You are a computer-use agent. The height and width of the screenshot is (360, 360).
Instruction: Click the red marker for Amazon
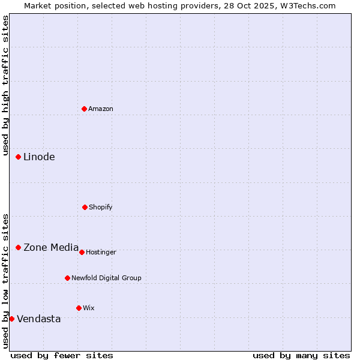click(85, 109)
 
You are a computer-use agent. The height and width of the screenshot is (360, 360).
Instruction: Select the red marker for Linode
click(19, 157)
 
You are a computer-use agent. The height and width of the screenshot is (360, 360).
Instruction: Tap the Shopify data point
click(85, 207)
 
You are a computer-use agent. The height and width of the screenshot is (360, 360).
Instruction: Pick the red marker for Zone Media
click(19, 247)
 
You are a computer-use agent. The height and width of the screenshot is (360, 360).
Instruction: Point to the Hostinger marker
click(82, 252)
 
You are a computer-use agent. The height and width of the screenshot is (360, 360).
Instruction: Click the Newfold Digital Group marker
click(67, 278)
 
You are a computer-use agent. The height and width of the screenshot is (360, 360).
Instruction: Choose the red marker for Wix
click(79, 308)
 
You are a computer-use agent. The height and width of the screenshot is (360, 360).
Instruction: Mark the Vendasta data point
click(12, 319)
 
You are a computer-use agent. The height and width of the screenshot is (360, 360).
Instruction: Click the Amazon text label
click(101, 109)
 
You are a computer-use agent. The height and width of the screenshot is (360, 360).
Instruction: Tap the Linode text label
click(39, 157)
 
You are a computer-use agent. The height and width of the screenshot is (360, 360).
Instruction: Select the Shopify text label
click(100, 207)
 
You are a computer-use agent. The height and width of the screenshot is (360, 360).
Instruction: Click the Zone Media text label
click(51, 247)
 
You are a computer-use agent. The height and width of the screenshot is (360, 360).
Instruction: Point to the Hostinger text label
click(101, 252)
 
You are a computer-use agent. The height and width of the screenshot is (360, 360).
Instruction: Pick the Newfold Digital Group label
click(106, 278)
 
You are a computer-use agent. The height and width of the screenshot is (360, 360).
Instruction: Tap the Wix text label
click(89, 308)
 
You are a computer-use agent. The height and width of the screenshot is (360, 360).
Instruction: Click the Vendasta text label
click(39, 319)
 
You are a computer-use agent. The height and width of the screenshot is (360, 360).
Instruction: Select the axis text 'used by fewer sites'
click(62, 355)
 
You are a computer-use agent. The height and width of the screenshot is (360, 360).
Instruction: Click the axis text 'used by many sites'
click(301, 355)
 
